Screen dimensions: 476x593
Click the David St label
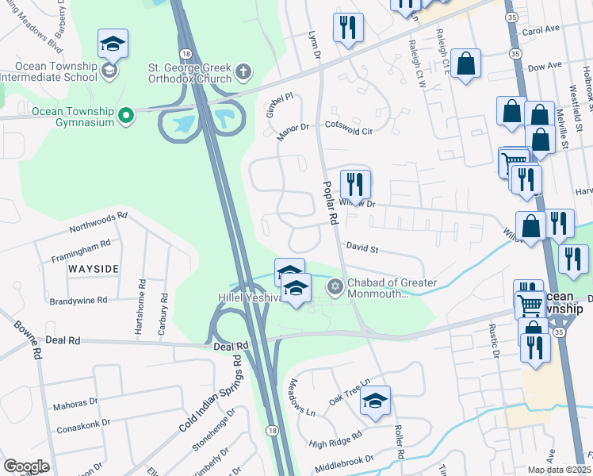pyautogui.click(x=362, y=249)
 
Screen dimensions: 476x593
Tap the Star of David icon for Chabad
pyautogui.click(x=335, y=286)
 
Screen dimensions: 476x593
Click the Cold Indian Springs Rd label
pyautogui.click(x=209, y=393)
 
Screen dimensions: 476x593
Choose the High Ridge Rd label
pyautogui.click(x=335, y=436)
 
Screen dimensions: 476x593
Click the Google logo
pyautogui.click(x=26, y=466)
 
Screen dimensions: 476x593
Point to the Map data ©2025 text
pyautogui.click(x=559, y=470)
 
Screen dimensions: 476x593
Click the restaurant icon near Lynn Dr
pyautogui.click(x=348, y=29)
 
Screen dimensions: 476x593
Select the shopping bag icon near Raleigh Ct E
pyautogui.click(x=466, y=66)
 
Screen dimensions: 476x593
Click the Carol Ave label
pyautogui.click(x=541, y=29)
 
